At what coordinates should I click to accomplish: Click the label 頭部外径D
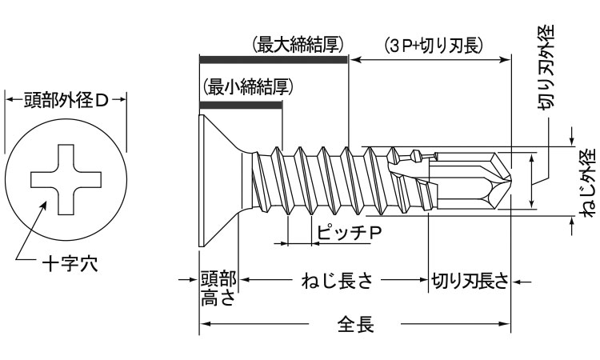(x=66, y=100)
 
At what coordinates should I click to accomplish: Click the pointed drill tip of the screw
(x=504, y=179)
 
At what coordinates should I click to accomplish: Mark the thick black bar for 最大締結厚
(x=273, y=59)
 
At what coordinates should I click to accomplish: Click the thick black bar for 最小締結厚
(x=240, y=102)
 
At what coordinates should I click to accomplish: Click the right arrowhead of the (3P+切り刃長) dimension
(x=507, y=59)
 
